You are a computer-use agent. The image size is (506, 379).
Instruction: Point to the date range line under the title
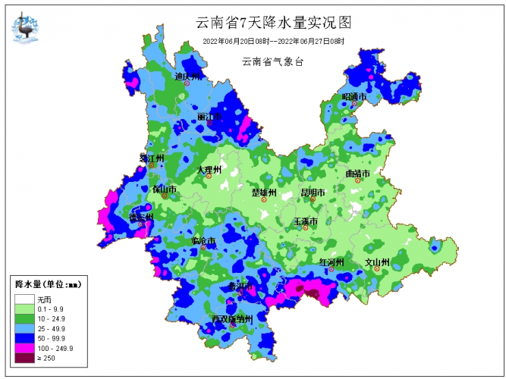click(x=273, y=42)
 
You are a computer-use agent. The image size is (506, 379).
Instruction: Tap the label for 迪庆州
click(x=187, y=77)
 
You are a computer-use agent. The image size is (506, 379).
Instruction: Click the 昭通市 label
click(x=354, y=97)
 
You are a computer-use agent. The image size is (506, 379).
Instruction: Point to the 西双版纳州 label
click(x=237, y=318)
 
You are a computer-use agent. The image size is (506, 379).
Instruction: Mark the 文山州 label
click(x=377, y=262)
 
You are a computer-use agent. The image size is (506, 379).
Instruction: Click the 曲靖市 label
click(x=357, y=174)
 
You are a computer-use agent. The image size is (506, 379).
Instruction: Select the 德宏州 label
click(x=140, y=217)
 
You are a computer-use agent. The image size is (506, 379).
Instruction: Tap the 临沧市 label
click(x=203, y=241)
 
